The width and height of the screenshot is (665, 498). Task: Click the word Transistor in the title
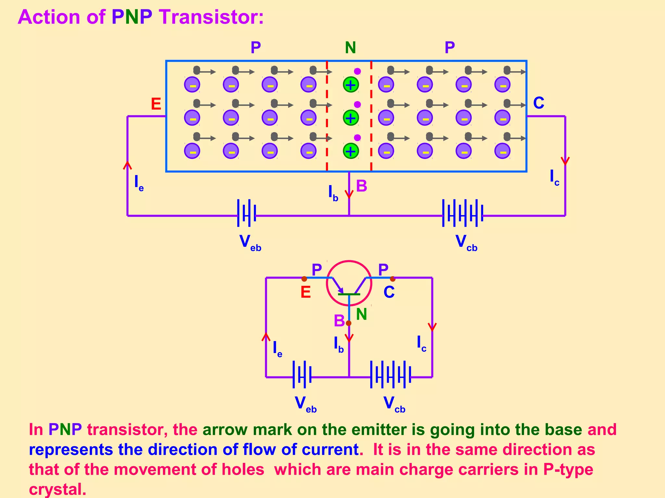point(211,17)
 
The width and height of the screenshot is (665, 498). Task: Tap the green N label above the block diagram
point(350,48)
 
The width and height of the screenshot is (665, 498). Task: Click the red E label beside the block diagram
point(156,104)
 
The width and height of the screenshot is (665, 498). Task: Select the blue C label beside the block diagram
point(539,103)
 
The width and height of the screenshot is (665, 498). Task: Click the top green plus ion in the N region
point(351,85)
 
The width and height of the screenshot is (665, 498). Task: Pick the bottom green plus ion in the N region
point(351,151)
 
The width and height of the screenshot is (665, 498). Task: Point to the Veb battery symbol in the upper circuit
point(247,213)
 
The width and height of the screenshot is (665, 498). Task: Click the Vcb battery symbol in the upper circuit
point(462,213)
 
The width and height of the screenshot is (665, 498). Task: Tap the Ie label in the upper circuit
point(139,183)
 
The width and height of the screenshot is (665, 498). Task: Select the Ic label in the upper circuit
point(554,178)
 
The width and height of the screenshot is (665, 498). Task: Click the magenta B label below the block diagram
point(361,186)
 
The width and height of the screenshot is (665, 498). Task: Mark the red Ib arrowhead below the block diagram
point(349,194)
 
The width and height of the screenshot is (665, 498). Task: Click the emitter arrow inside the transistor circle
point(339,287)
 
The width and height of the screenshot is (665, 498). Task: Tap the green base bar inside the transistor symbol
point(349,294)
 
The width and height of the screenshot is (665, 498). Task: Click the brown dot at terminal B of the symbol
point(348,323)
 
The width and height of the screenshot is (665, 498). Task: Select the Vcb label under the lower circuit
point(394,404)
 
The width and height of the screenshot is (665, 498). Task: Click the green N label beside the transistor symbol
point(361,314)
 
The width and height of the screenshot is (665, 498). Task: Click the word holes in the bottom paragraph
point(243,469)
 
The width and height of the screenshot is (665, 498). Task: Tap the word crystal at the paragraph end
point(57,489)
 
